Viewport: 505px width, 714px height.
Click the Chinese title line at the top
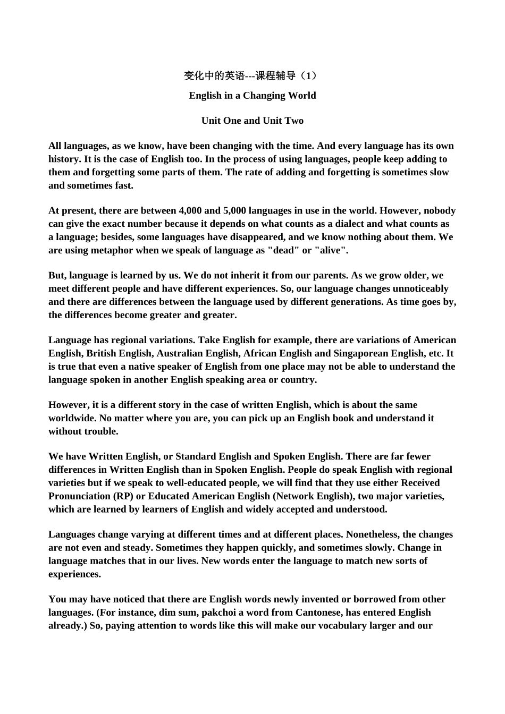click(x=252, y=76)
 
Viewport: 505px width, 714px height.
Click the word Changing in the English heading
click(x=265, y=96)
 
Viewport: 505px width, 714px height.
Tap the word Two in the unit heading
click(x=294, y=121)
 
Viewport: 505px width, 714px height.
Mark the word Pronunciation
click(x=79, y=496)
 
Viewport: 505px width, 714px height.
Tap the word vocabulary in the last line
click(x=343, y=626)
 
